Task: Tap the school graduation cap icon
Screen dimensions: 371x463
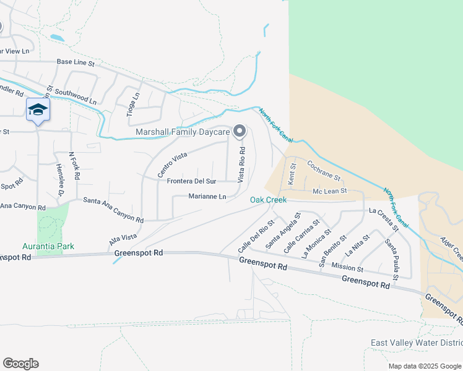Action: [38, 110]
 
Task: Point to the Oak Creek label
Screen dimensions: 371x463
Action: [268, 200]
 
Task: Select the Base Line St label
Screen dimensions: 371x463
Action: [75, 62]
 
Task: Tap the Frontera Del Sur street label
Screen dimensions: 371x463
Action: [192, 181]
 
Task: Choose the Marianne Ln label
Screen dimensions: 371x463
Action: [207, 197]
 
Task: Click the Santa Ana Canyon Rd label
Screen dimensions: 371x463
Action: [113, 210]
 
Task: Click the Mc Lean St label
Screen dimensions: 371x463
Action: [330, 191]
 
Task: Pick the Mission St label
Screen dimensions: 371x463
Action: [347, 267]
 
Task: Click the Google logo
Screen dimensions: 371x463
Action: [20, 364]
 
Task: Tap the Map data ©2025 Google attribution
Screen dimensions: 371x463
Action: [425, 366]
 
